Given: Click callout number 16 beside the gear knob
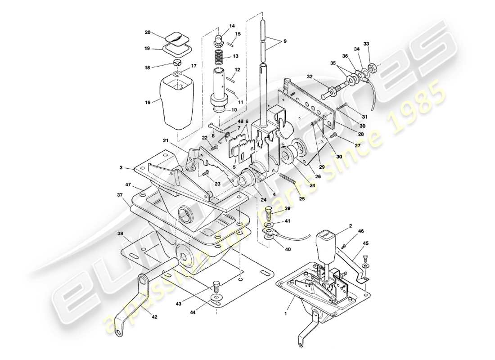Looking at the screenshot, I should click(x=148, y=103).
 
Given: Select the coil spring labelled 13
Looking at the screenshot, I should click(x=218, y=57).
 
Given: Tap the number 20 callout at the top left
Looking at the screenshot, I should click(x=148, y=32).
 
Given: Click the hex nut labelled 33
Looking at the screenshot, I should click(x=373, y=69).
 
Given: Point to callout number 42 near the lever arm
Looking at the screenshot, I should click(x=154, y=317).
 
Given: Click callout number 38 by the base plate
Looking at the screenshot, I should click(x=120, y=234).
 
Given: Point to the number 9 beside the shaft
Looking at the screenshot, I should click(x=284, y=42).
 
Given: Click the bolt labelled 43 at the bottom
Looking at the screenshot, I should click(x=216, y=285).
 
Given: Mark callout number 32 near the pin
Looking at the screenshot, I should click(x=309, y=76).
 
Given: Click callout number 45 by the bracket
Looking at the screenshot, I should click(x=365, y=243).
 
